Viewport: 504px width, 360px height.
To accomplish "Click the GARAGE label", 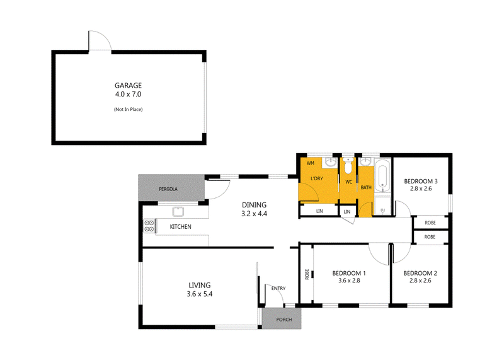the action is [x=129, y=86].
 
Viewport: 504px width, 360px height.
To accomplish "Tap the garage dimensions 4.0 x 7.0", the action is [x=129, y=95].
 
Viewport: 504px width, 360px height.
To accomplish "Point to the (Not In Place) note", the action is [x=129, y=109].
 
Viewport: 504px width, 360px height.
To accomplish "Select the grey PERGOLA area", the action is [x=171, y=188].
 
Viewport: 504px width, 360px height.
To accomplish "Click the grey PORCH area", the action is [x=282, y=318].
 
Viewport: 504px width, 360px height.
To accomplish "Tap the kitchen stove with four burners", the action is [x=149, y=226].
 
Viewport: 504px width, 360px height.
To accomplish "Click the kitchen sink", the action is [x=178, y=212].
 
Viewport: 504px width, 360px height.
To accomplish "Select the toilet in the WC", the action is [x=348, y=165].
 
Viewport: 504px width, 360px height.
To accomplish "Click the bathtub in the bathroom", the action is [x=382, y=175].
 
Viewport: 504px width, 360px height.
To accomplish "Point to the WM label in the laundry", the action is [x=311, y=163].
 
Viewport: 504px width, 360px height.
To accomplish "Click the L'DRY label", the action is [x=317, y=178].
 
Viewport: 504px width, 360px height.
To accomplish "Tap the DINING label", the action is [x=255, y=205].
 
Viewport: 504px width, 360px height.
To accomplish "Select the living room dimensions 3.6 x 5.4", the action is [x=200, y=294].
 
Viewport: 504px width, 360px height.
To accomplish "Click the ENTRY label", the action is [x=278, y=288].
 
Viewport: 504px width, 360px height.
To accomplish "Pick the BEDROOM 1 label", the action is [x=349, y=274].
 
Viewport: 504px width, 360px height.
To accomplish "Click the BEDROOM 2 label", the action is [x=420, y=274].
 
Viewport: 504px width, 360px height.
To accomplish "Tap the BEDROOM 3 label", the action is [x=421, y=182].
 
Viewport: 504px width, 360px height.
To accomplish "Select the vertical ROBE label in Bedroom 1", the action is [x=307, y=274].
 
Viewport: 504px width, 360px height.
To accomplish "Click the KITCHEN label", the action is [x=180, y=227].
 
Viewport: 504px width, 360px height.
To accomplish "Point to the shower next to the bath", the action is [x=382, y=206].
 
